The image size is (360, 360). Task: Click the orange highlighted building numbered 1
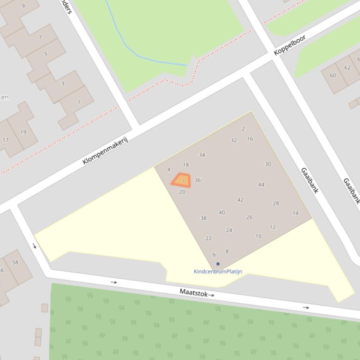pos(181,180)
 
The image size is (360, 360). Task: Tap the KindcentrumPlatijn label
pos(218,271)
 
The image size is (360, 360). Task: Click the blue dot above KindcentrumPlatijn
pos(218,264)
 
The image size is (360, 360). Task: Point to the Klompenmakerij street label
pos(105,151)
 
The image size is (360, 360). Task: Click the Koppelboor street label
pos(289,45)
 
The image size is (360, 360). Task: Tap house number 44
pos(261,185)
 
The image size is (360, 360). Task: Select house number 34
pos(202,155)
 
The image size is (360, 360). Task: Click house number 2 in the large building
pos(243,129)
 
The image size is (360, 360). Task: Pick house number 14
pos(295,213)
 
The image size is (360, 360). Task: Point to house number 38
pos(203,218)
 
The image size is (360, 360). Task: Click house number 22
pos(208,238)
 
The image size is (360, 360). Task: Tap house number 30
pos(268,164)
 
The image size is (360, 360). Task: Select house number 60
pos(333,75)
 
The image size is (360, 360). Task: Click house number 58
pos(15,262)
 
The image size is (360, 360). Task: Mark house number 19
pos(23,132)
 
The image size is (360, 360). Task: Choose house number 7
pos(40,37)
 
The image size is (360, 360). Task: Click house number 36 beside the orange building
pos(198,180)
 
